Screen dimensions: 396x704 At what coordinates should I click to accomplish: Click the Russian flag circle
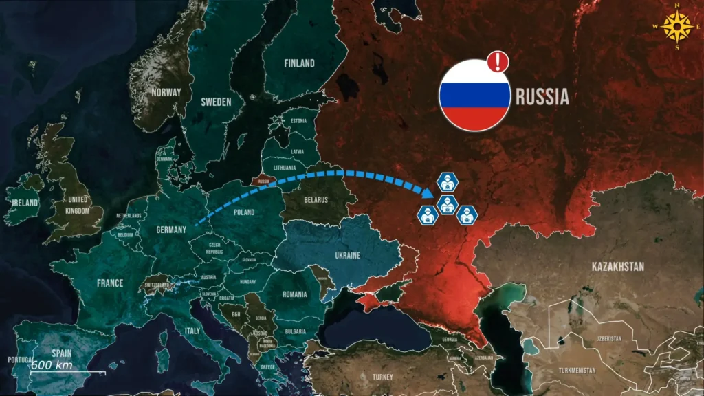click(474, 96)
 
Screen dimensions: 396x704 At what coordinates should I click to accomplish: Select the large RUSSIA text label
click(542, 98)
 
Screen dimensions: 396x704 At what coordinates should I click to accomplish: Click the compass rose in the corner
click(679, 27)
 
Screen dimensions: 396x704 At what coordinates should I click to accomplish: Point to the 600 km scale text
click(52, 364)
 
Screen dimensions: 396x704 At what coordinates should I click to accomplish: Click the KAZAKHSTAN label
click(617, 266)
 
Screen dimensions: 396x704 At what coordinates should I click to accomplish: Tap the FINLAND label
click(299, 63)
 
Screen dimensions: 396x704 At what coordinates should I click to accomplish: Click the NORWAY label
click(166, 92)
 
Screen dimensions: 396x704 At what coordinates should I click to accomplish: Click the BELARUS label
click(316, 200)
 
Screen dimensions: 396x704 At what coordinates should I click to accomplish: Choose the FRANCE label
click(109, 283)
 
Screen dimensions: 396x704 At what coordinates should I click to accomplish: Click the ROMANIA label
click(294, 294)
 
